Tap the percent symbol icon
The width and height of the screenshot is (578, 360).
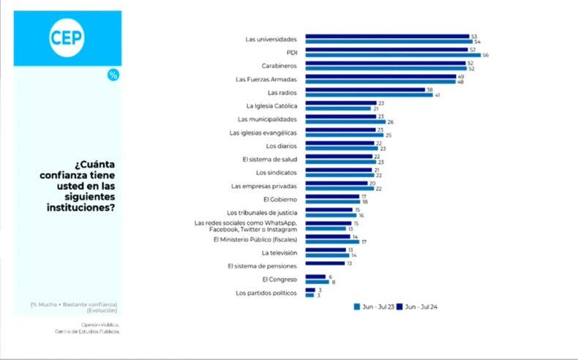113,75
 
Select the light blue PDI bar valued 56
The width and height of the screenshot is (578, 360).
392,55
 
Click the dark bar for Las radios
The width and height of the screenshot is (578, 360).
365,90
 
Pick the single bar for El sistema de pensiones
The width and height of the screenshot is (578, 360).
325,263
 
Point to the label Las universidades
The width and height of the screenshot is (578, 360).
271,38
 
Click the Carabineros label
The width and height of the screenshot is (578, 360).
279,65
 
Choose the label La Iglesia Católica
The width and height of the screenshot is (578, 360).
271,105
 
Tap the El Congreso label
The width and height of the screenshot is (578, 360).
279,279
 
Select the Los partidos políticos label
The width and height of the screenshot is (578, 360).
266,293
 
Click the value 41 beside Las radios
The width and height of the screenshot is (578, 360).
438,95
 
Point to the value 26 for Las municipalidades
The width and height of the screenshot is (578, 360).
391,121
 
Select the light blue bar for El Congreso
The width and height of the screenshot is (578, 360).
317,281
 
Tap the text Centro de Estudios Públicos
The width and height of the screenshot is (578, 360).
86,331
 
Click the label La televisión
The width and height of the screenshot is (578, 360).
279,252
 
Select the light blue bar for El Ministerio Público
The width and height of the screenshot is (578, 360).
331,241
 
